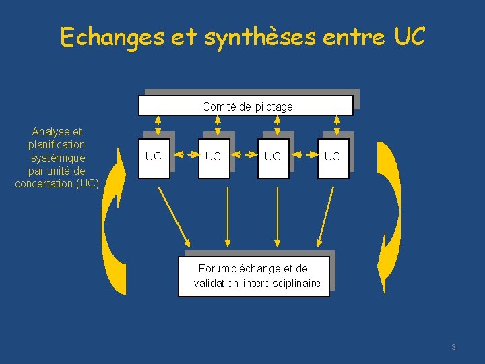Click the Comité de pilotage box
246,106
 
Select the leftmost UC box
154,157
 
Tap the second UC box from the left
213,157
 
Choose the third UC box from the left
273,157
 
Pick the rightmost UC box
332,157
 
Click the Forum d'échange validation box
257,276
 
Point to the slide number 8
453,347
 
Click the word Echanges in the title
112,37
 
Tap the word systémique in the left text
58,158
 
